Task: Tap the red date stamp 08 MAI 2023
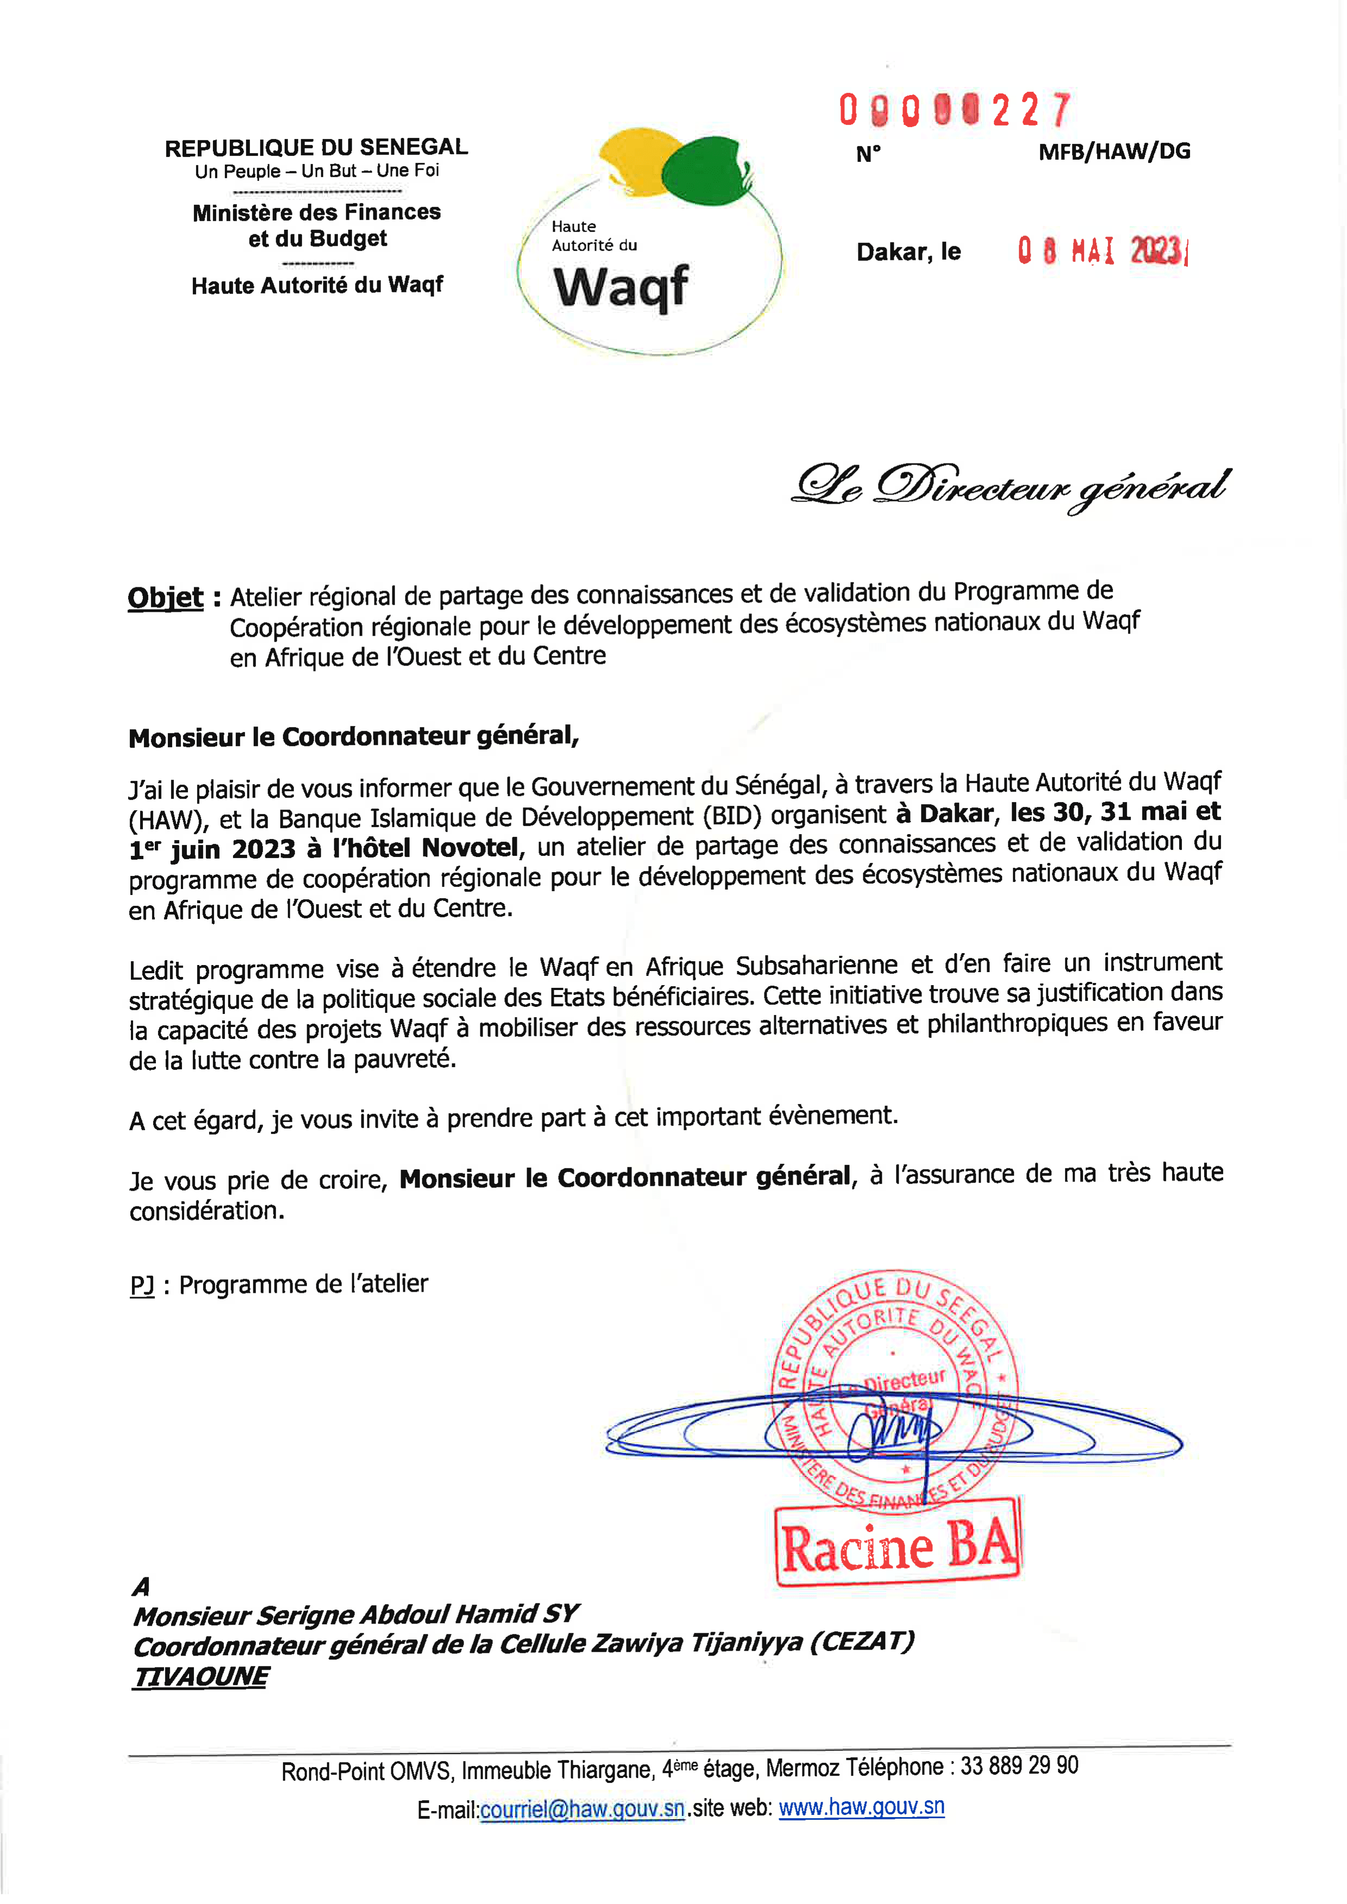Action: pyautogui.click(x=1102, y=250)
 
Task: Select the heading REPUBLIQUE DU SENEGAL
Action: pyautogui.click(x=316, y=148)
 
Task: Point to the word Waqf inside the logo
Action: pyautogui.click(x=621, y=287)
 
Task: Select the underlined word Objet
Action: pyautogui.click(x=165, y=598)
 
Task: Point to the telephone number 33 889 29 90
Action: pyautogui.click(x=1019, y=1767)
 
